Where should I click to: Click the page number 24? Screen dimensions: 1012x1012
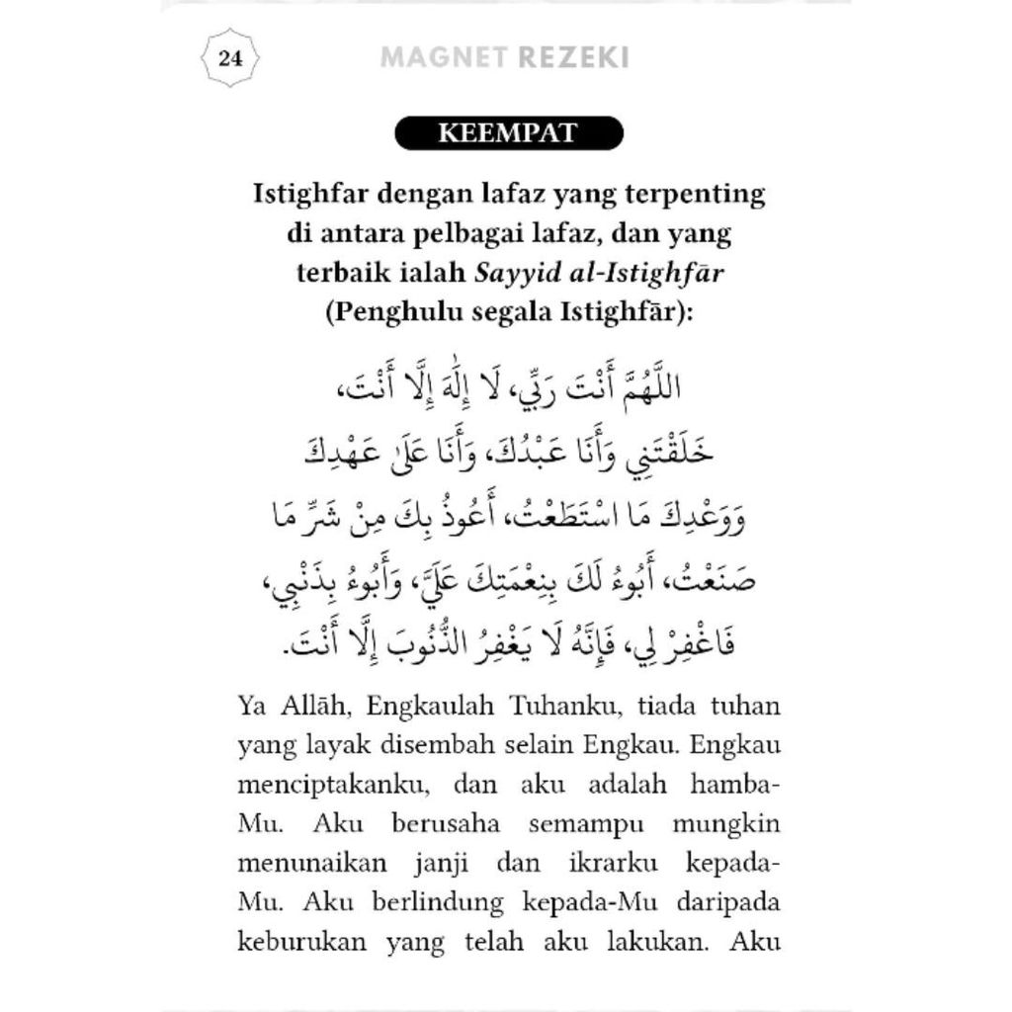(230, 57)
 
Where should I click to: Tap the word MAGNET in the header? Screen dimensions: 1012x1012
(445, 57)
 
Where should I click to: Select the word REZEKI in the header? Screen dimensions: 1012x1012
(573, 57)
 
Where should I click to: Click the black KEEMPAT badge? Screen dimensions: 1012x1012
(508, 133)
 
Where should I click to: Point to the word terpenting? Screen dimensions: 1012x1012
(696, 192)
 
